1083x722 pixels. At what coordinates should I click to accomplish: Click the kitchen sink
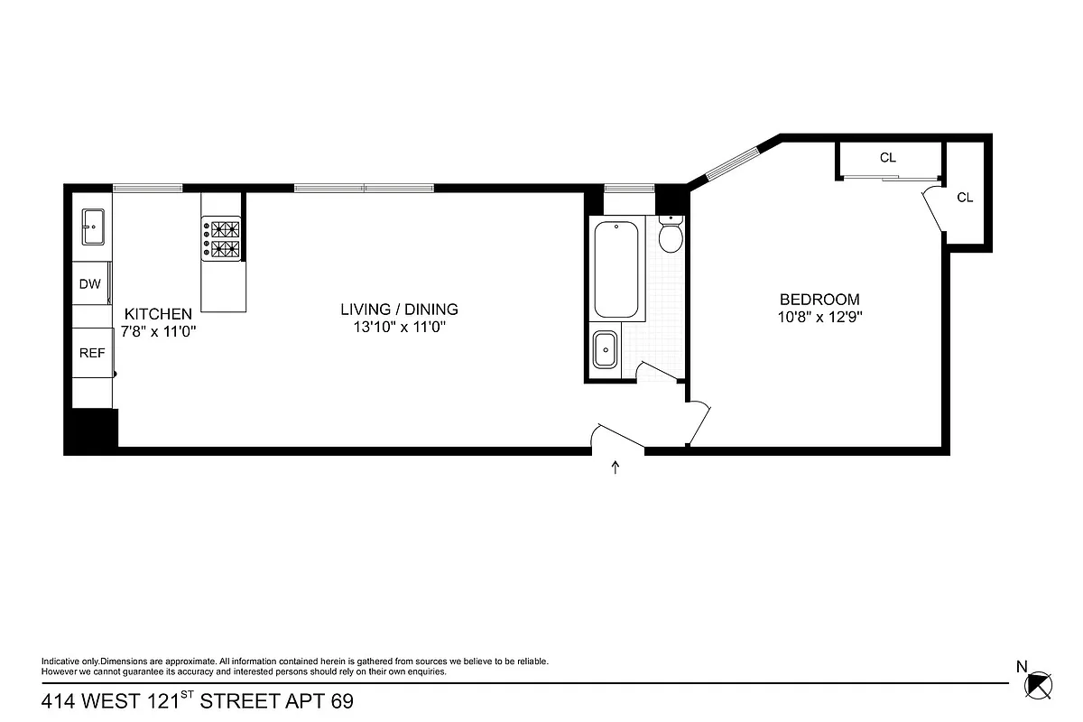(x=93, y=227)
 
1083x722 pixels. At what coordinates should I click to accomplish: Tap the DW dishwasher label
(x=89, y=284)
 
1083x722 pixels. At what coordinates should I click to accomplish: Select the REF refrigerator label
(x=92, y=354)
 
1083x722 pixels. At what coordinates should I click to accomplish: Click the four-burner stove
(x=222, y=239)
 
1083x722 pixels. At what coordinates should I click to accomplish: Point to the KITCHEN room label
(x=158, y=314)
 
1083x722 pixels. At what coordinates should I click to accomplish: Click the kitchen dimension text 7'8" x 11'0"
(x=159, y=331)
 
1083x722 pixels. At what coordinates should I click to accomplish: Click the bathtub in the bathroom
(x=616, y=268)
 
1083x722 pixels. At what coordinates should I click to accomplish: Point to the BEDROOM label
(x=819, y=300)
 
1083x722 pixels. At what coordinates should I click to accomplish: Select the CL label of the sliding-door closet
(x=888, y=158)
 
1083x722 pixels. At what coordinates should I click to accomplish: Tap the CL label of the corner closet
(x=965, y=198)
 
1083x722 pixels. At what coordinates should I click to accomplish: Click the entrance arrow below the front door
(x=616, y=467)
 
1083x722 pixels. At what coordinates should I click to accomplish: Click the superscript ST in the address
(x=186, y=695)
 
